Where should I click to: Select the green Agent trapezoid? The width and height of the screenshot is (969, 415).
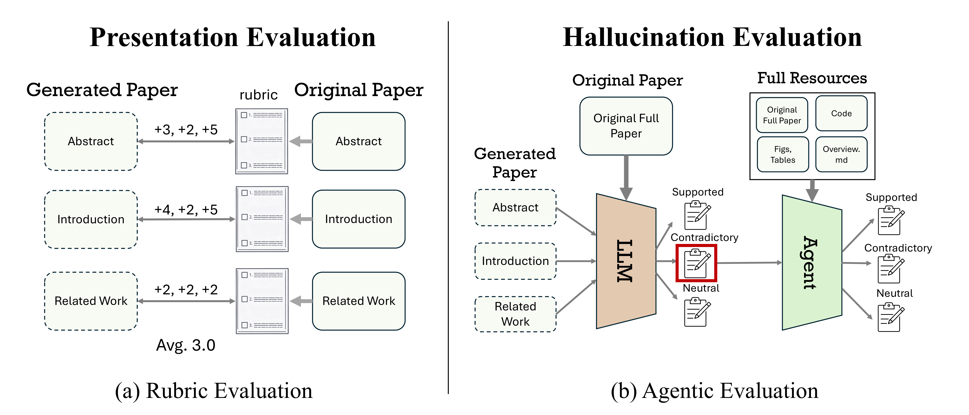[811, 262]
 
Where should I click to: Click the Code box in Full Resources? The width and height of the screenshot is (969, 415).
[841, 113]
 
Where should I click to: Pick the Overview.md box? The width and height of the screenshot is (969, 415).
[841, 154]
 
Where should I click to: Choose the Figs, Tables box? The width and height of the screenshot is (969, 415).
[782, 154]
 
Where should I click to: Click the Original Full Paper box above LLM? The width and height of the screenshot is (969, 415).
[626, 126]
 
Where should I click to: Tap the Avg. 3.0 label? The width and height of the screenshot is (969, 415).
[186, 345]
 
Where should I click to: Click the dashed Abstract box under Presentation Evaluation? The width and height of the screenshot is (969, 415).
[91, 141]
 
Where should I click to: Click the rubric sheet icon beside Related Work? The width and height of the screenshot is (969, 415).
[262, 301]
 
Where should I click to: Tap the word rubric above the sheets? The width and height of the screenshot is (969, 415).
[258, 95]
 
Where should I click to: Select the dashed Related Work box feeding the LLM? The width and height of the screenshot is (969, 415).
[515, 314]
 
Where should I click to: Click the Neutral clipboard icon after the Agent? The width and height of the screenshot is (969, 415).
[889, 318]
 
